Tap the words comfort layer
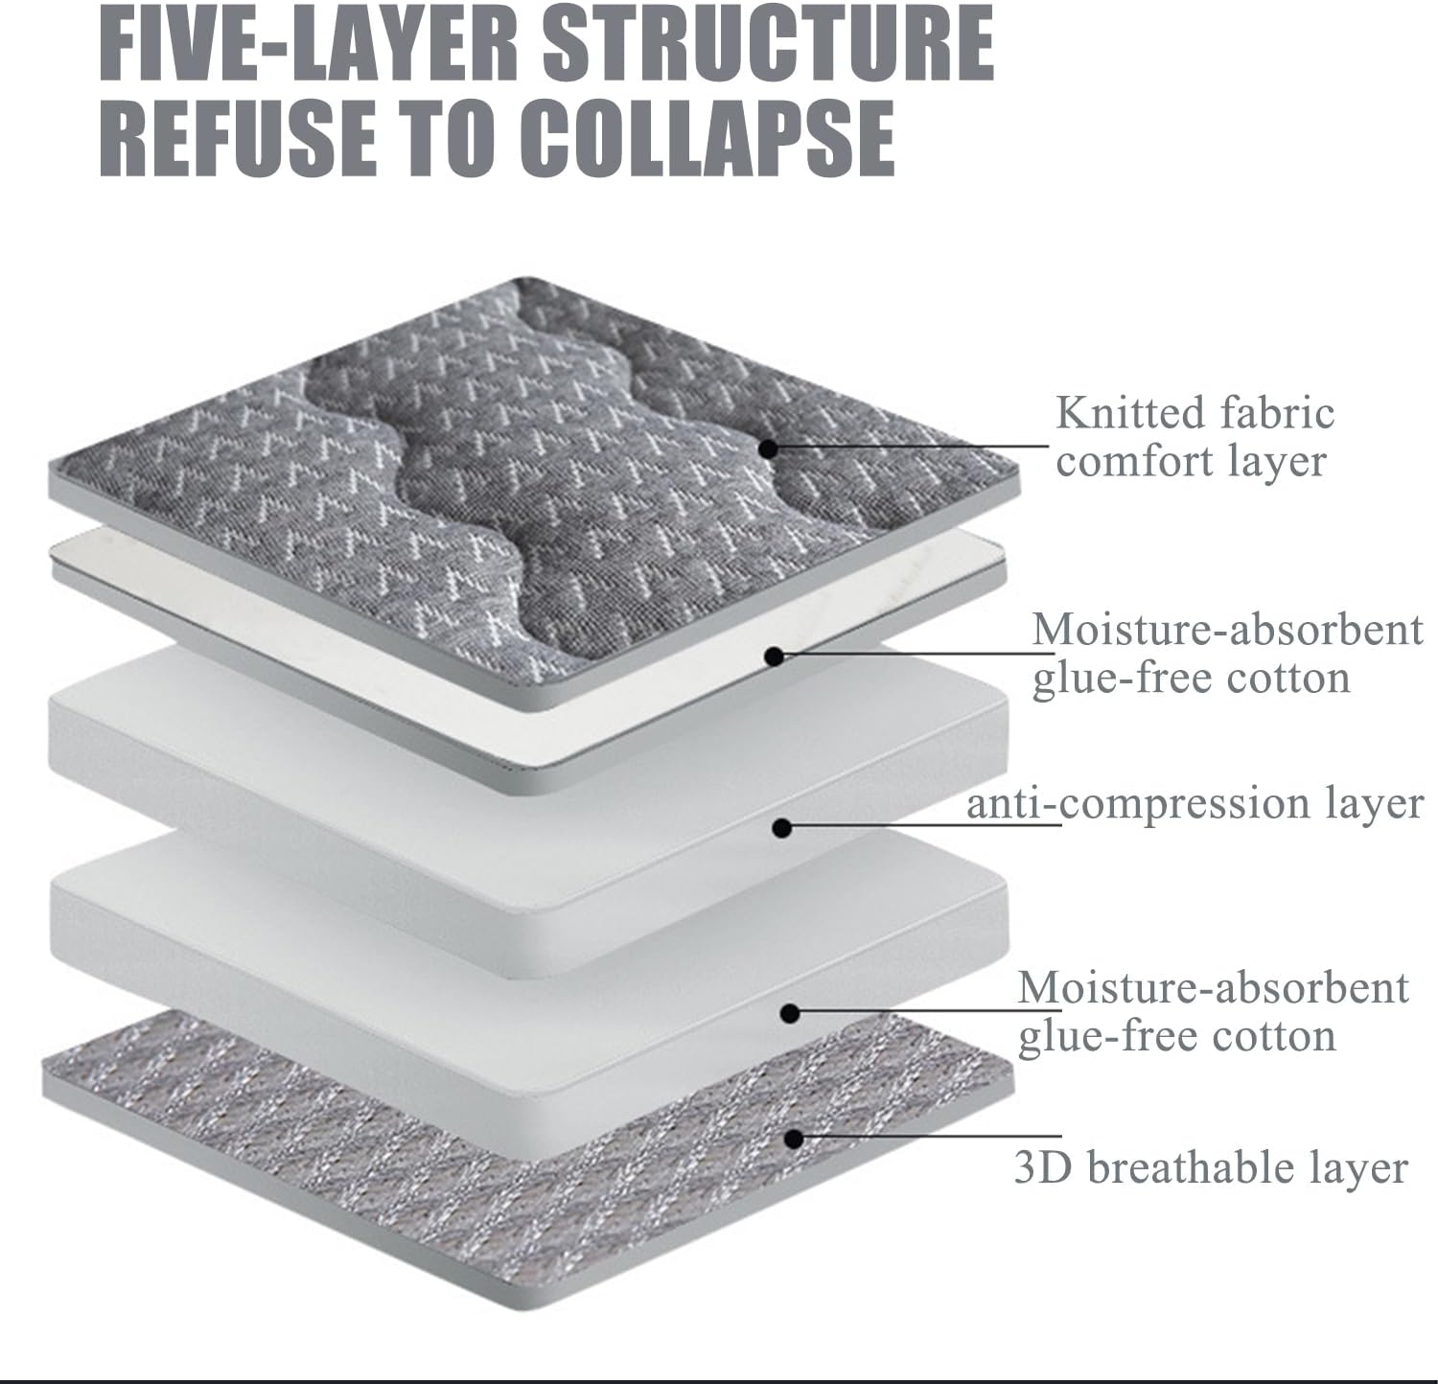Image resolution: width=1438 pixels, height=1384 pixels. coord(1190,462)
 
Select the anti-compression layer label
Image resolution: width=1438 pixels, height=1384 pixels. coord(1194,803)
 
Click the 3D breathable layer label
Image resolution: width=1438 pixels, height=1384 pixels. coord(1211,1168)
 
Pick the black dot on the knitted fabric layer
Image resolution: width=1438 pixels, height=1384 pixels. coord(768,447)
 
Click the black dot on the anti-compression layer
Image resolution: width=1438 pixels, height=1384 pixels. coord(782,827)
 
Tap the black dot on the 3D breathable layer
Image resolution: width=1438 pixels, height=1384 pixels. coord(793,1138)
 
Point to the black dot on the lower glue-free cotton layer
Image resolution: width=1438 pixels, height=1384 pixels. coord(791,1013)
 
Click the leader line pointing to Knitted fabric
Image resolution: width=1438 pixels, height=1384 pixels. coord(911,446)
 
